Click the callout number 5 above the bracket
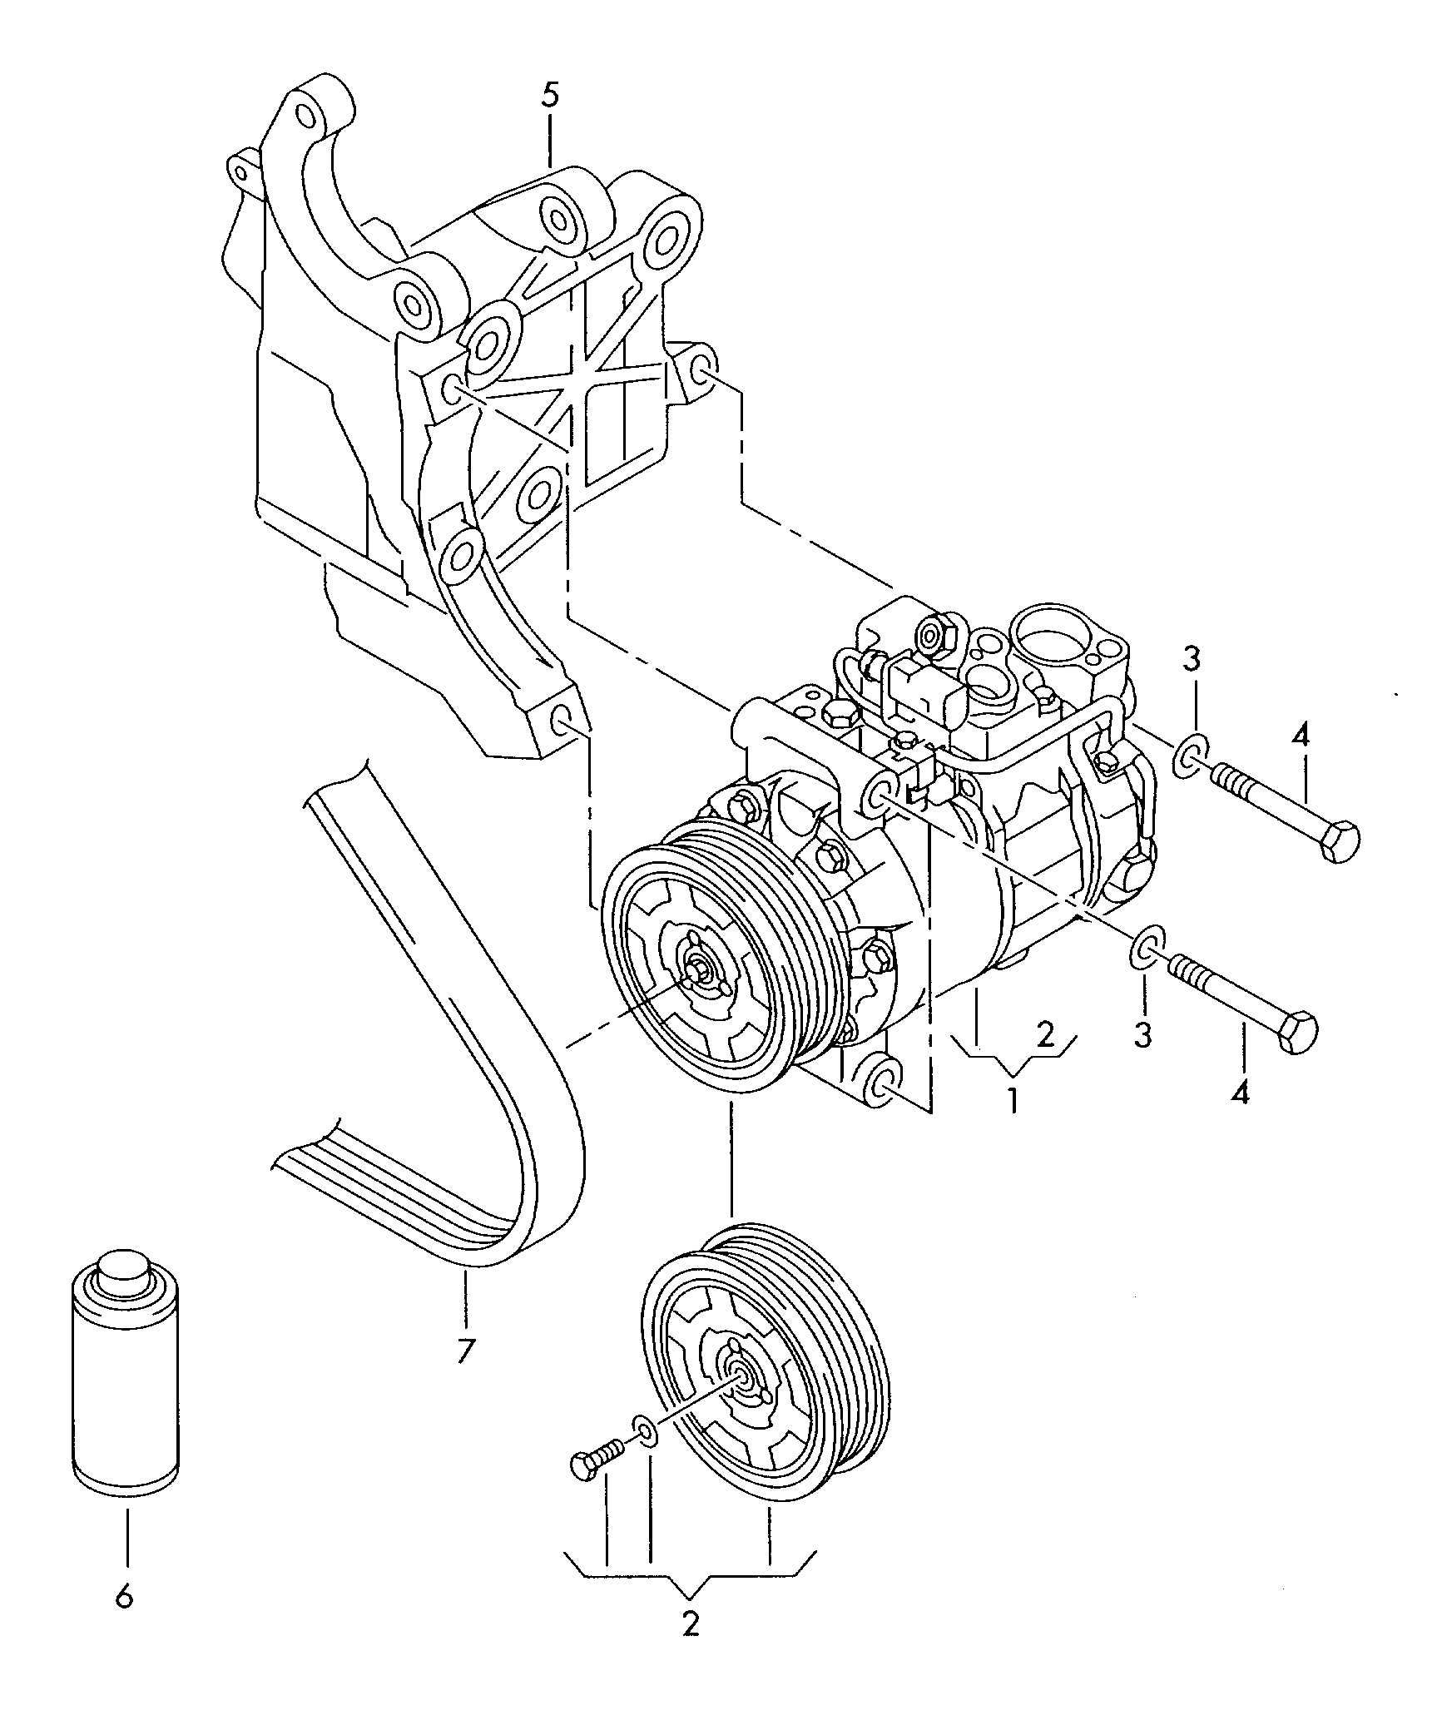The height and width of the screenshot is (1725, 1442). point(550,96)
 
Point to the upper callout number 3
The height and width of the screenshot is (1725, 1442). point(1192,660)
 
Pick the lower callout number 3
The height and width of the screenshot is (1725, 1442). point(1143,1035)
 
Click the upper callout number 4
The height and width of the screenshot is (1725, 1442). point(1301,736)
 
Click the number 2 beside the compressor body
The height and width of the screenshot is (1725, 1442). point(1046,1034)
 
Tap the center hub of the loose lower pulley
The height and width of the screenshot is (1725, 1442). point(738,1384)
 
